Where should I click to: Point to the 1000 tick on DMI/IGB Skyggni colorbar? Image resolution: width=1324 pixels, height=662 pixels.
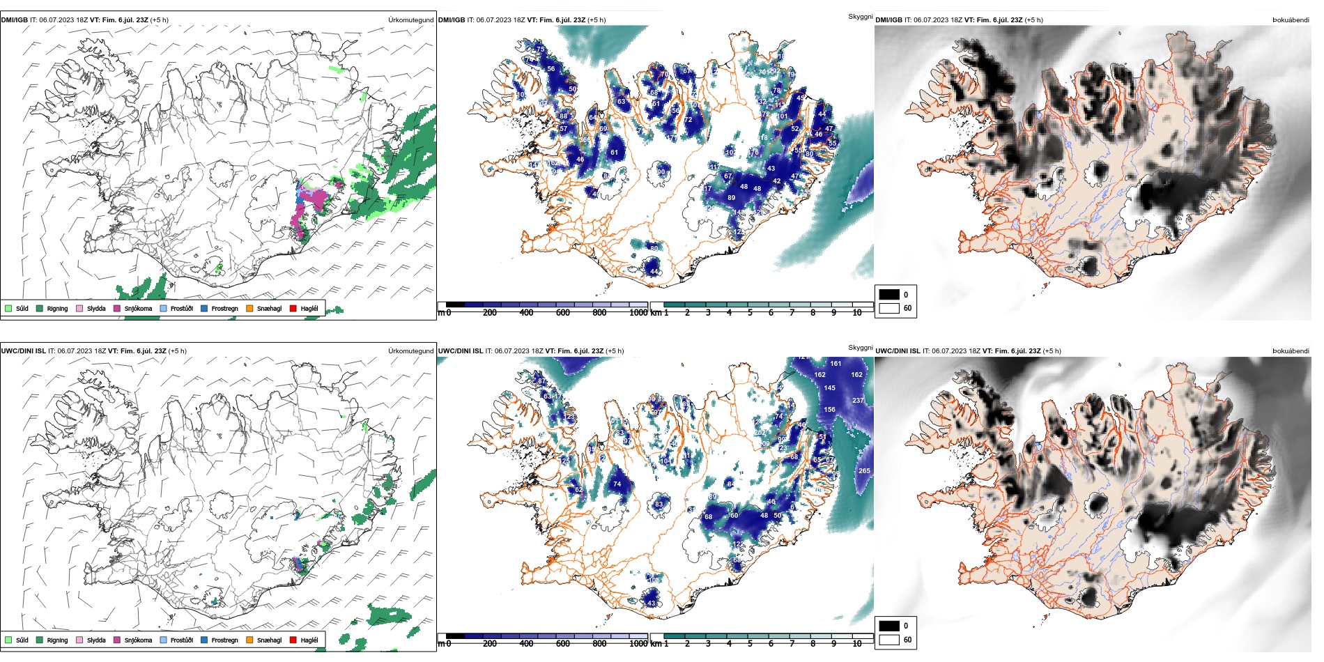tap(638, 313)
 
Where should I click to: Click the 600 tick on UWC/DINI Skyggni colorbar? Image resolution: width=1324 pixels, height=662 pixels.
tap(562, 644)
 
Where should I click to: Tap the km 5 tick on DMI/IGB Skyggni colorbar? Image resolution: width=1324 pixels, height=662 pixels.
tap(750, 313)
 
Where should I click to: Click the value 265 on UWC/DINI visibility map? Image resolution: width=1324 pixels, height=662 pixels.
tap(864, 471)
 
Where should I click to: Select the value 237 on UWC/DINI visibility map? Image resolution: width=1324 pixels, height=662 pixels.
tap(858, 401)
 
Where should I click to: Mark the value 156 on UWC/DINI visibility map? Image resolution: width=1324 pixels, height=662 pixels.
tap(829, 410)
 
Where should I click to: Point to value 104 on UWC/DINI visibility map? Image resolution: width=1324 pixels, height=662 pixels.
tap(665, 461)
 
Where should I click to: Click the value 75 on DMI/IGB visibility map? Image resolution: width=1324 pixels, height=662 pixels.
tap(541, 49)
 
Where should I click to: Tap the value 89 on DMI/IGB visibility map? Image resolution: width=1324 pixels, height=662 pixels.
tap(731, 198)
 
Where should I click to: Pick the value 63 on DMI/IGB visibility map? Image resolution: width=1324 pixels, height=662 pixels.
tap(621, 102)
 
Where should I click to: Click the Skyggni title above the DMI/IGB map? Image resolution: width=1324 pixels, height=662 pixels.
tap(860, 17)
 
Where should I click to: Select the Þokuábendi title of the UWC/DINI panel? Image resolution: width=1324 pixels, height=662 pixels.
tap(1291, 351)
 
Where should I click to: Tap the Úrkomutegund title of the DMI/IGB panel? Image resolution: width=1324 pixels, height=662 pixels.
tap(410, 20)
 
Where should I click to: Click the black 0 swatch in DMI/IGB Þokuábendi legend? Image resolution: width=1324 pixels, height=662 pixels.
tap(889, 295)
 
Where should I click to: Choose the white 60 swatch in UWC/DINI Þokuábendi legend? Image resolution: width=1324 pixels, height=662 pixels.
tap(889, 640)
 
